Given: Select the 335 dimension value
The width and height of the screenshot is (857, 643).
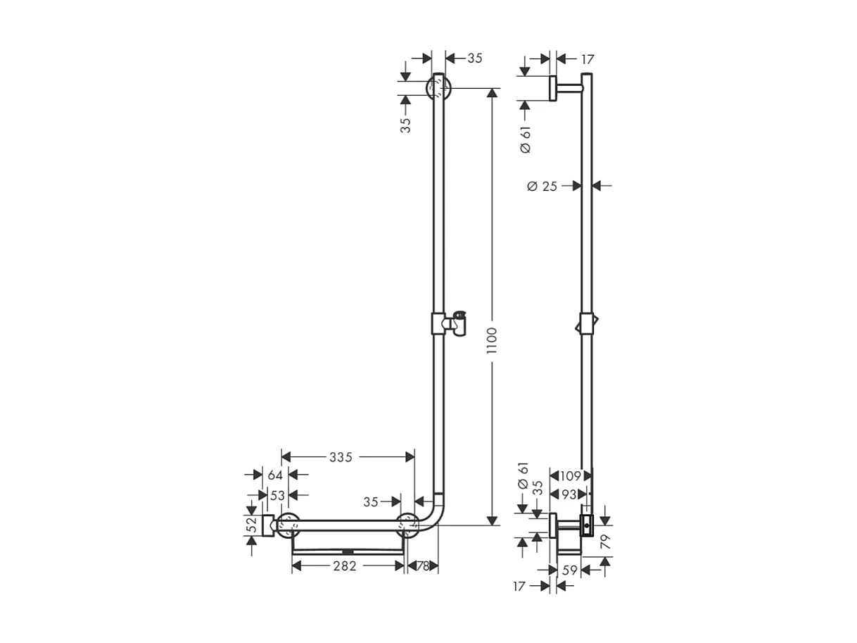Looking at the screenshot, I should [x=341, y=457].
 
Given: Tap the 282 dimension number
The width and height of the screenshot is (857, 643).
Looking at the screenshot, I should [x=345, y=566].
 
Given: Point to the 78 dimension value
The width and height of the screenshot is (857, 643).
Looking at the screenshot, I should [x=423, y=566].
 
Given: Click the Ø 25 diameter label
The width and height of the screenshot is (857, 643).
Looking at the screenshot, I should [x=542, y=186].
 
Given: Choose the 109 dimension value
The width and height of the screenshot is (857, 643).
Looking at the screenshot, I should [x=571, y=476].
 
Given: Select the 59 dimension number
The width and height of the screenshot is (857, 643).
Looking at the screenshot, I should [x=570, y=570].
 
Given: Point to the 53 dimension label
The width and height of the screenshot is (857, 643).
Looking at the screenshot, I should [x=278, y=495].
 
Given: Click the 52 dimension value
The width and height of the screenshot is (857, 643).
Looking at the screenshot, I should [x=252, y=525].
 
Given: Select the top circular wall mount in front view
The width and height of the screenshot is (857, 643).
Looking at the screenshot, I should [x=438, y=89].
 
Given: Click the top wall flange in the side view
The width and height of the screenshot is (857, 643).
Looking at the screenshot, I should [x=553, y=88].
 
